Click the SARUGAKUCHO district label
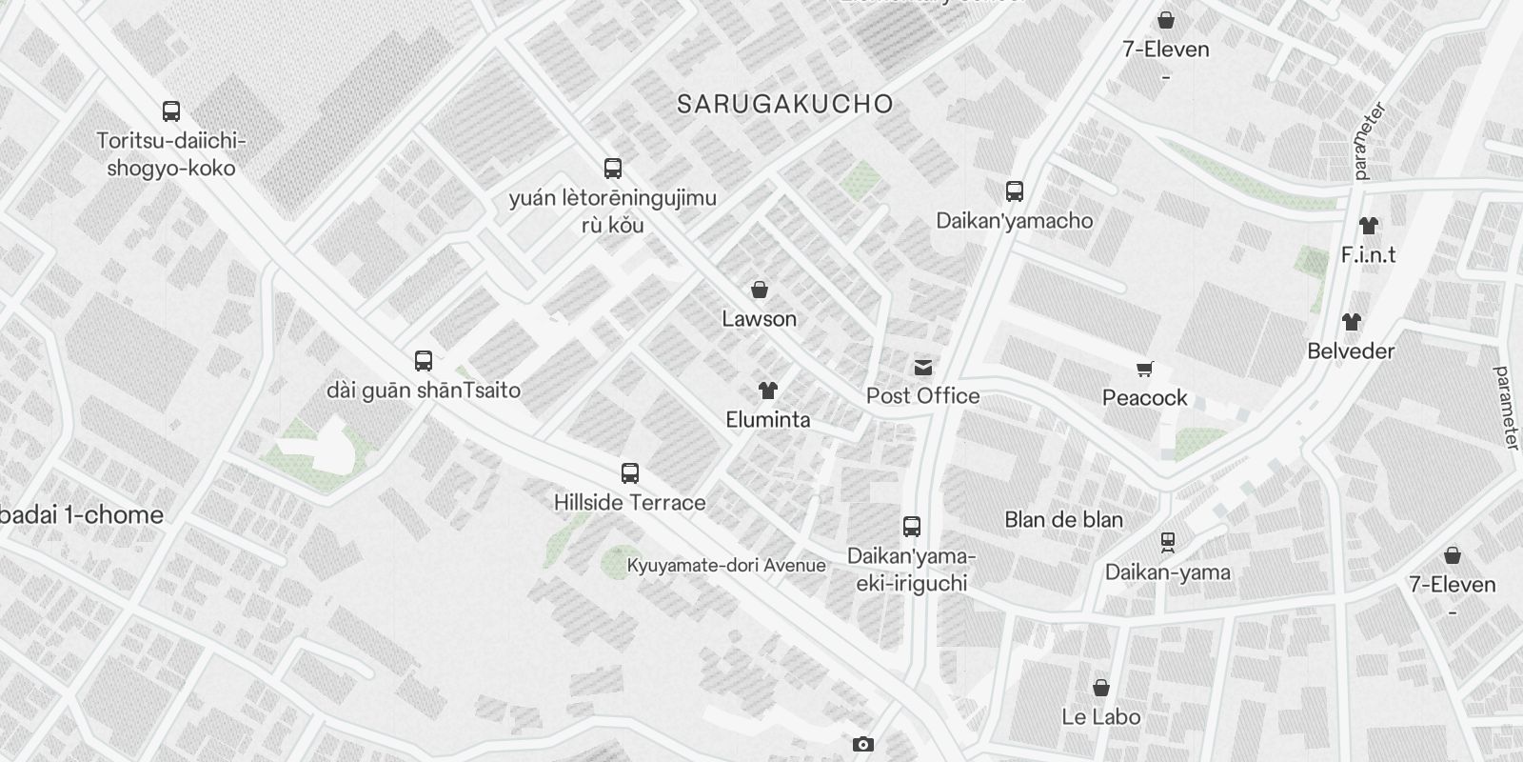click(784, 104)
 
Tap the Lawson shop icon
click(760, 290)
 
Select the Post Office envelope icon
click(923, 368)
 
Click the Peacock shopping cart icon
click(1145, 369)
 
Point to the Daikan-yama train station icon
click(1168, 543)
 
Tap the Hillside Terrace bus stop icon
click(630, 473)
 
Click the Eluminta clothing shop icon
click(768, 391)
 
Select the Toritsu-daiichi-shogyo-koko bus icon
click(171, 111)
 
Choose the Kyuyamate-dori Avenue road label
click(726, 565)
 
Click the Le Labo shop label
click(1101, 716)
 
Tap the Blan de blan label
click(1064, 519)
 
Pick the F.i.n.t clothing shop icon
click(1368, 226)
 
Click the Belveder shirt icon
click(1352, 322)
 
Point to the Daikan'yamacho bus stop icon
click(1015, 191)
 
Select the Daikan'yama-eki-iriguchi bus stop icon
click(911, 527)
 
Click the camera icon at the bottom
click(863, 744)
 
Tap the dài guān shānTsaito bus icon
click(424, 361)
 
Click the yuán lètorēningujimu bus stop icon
click(613, 170)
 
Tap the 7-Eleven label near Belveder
click(1453, 584)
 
